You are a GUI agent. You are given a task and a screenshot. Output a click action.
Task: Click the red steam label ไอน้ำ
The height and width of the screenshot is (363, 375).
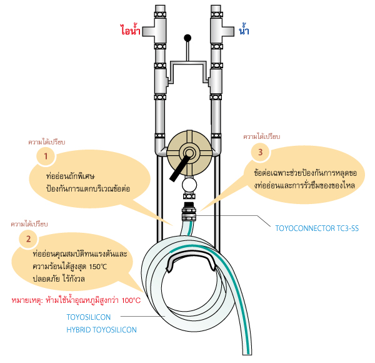tap(130, 30)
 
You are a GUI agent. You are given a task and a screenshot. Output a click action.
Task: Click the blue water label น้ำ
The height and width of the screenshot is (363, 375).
tap(244, 29)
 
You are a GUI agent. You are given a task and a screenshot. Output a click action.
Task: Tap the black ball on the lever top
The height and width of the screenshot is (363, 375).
tap(187, 38)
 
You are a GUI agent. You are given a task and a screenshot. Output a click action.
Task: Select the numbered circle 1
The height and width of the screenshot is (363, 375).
tap(46, 156)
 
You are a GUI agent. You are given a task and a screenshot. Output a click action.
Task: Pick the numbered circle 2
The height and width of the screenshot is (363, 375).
tap(29, 238)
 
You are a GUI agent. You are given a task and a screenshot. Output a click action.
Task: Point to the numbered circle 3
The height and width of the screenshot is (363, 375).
tap(261, 152)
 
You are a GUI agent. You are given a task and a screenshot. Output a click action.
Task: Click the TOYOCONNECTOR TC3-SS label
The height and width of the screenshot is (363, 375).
tap(317, 228)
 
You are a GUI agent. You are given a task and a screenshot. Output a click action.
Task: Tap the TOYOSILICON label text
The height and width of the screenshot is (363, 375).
tap(89, 317)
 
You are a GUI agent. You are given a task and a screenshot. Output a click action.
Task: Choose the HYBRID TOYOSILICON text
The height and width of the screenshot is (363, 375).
tap(101, 330)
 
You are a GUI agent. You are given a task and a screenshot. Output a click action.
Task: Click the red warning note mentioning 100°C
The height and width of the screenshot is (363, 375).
tap(76, 300)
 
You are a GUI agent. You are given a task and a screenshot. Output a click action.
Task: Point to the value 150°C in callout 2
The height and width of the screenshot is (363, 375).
tap(98, 267)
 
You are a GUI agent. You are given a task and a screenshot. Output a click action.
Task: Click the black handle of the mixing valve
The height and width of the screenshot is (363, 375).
tap(180, 168)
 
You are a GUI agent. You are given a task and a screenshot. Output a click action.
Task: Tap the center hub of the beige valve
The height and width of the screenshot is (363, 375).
tap(189, 153)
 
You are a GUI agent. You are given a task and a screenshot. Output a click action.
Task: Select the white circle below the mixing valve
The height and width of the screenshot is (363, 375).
tap(189, 185)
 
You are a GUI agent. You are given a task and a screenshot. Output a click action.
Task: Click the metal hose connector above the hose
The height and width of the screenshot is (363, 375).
tap(189, 212)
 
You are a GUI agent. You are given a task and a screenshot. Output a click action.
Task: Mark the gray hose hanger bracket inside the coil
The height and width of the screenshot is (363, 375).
tap(191, 262)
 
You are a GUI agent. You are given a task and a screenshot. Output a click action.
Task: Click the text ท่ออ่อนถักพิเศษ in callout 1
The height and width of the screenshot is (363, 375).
tap(70, 176)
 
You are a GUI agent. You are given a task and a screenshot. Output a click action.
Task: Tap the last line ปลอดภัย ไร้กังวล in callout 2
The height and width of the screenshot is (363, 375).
tap(59, 279)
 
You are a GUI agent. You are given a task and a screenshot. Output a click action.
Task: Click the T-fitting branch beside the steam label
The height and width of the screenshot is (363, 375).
tap(149, 31)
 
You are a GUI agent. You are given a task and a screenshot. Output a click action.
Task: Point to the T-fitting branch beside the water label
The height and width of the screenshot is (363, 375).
tap(228, 31)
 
